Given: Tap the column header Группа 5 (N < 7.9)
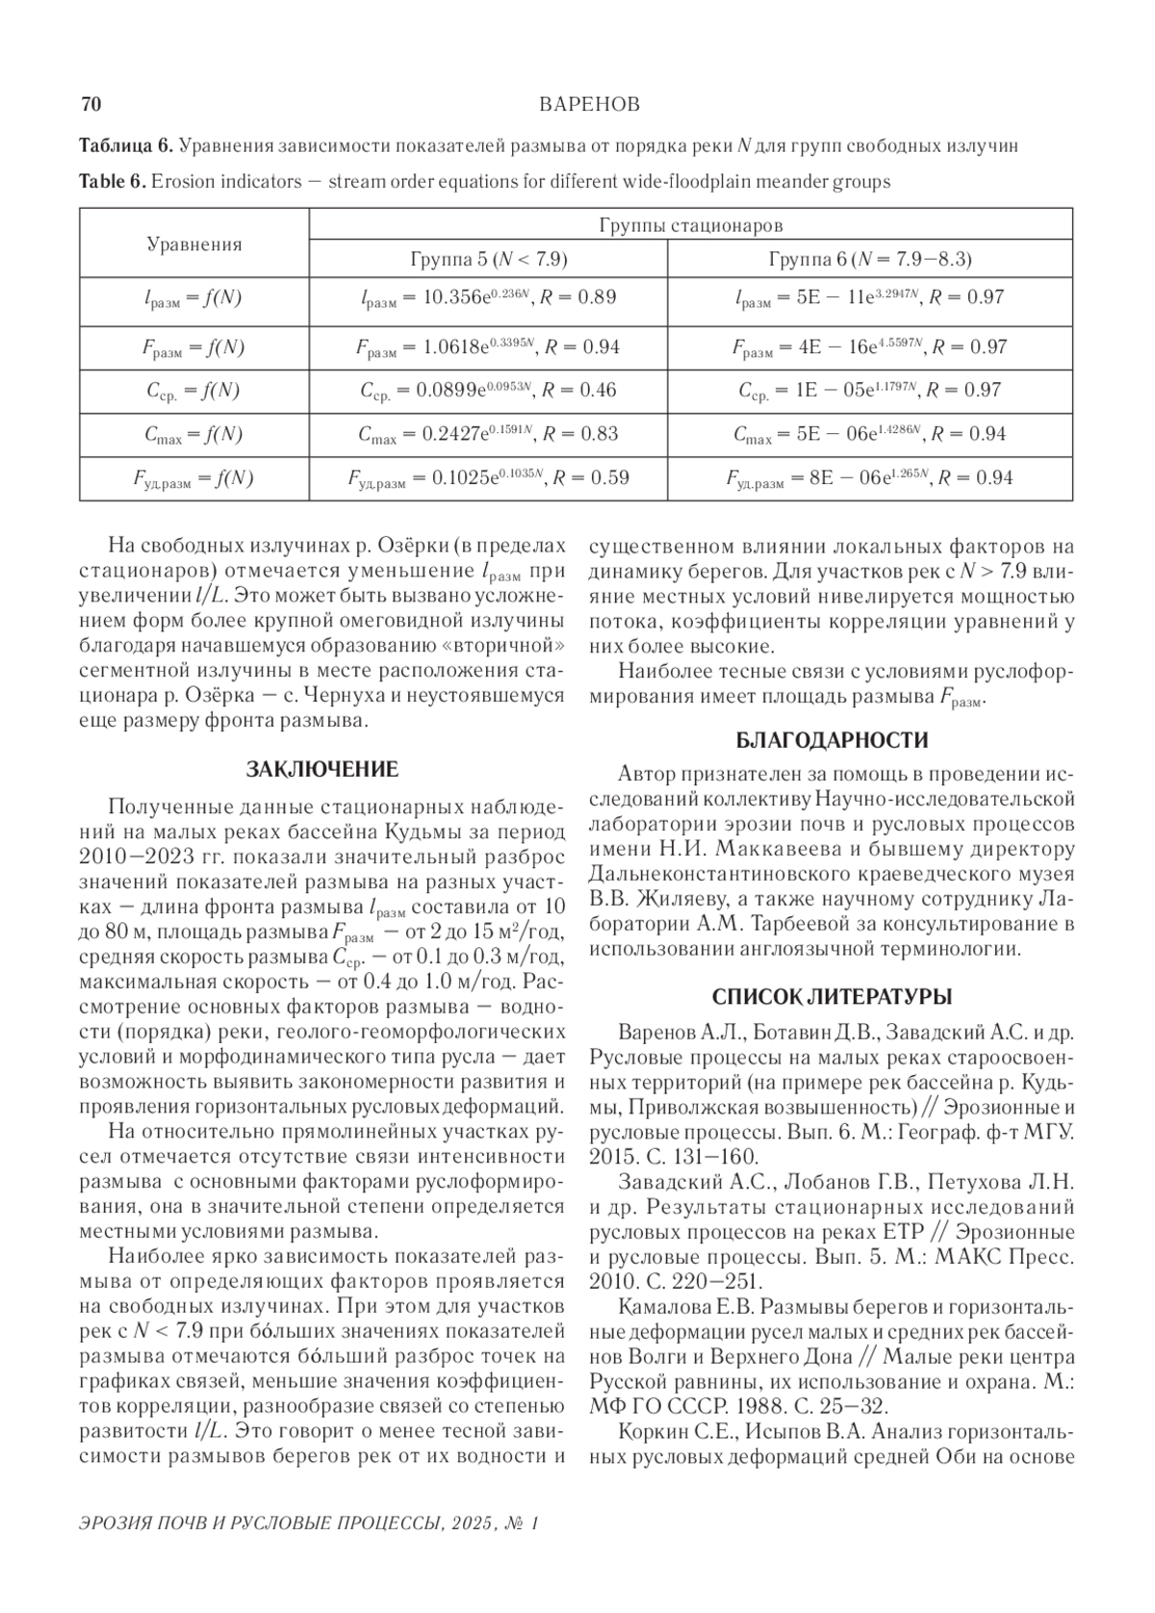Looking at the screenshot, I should click(x=488, y=260).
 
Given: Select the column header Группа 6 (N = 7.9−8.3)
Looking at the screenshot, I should click(x=870, y=260).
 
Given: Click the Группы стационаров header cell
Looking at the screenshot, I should click(x=690, y=226).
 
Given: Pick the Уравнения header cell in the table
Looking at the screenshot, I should click(x=194, y=244).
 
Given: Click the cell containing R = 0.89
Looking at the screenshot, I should click(x=488, y=298).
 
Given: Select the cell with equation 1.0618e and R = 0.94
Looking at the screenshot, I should click(x=488, y=347).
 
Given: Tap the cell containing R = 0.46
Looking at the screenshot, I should click(x=488, y=391).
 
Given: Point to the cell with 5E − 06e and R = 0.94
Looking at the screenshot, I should click(x=870, y=434).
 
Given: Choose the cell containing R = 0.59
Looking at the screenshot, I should click(x=488, y=478).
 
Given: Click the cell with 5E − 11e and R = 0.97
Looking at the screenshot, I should click(x=870, y=298).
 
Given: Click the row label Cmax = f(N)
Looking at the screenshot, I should click(x=193, y=435).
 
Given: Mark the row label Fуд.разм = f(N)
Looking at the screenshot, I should click(x=193, y=479).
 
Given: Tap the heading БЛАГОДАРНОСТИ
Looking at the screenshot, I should click(x=832, y=740).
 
